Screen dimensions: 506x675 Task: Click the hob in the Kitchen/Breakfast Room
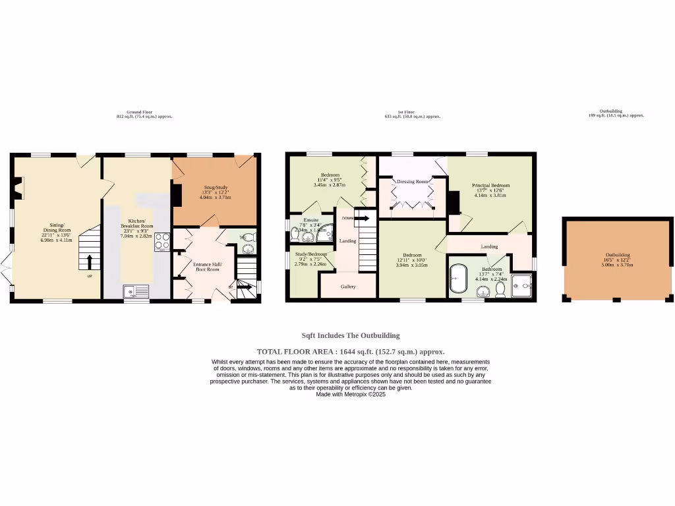click(162, 242)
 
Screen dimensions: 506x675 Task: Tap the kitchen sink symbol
click(136, 291)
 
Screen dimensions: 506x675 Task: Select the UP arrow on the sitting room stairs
click(90, 262)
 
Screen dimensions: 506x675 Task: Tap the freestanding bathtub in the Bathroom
click(457, 279)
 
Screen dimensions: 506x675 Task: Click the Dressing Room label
click(412, 181)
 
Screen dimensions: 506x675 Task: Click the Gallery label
click(348, 287)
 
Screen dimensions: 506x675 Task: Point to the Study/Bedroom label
click(310, 254)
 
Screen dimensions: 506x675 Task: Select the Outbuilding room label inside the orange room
click(618, 255)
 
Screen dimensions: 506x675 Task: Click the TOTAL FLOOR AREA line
click(350, 352)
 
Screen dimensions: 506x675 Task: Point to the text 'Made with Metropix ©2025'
click(350, 395)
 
